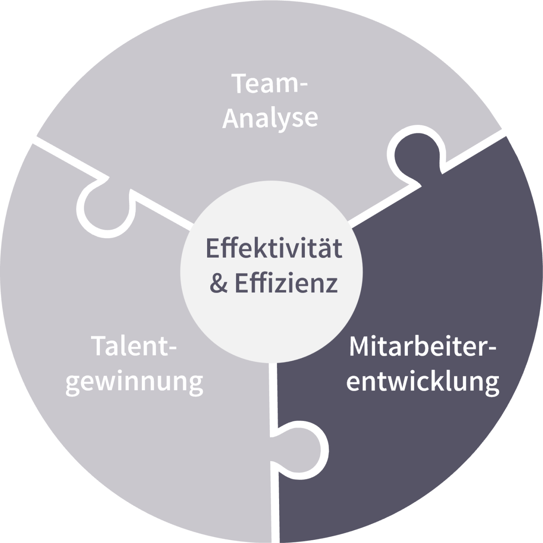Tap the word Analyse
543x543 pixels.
click(x=270, y=118)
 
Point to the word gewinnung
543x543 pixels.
click(x=134, y=382)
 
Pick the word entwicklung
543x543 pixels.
click(x=423, y=382)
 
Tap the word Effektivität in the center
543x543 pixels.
click(x=273, y=248)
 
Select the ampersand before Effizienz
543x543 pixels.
click(x=218, y=283)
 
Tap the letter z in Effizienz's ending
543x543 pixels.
click(x=332, y=285)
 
